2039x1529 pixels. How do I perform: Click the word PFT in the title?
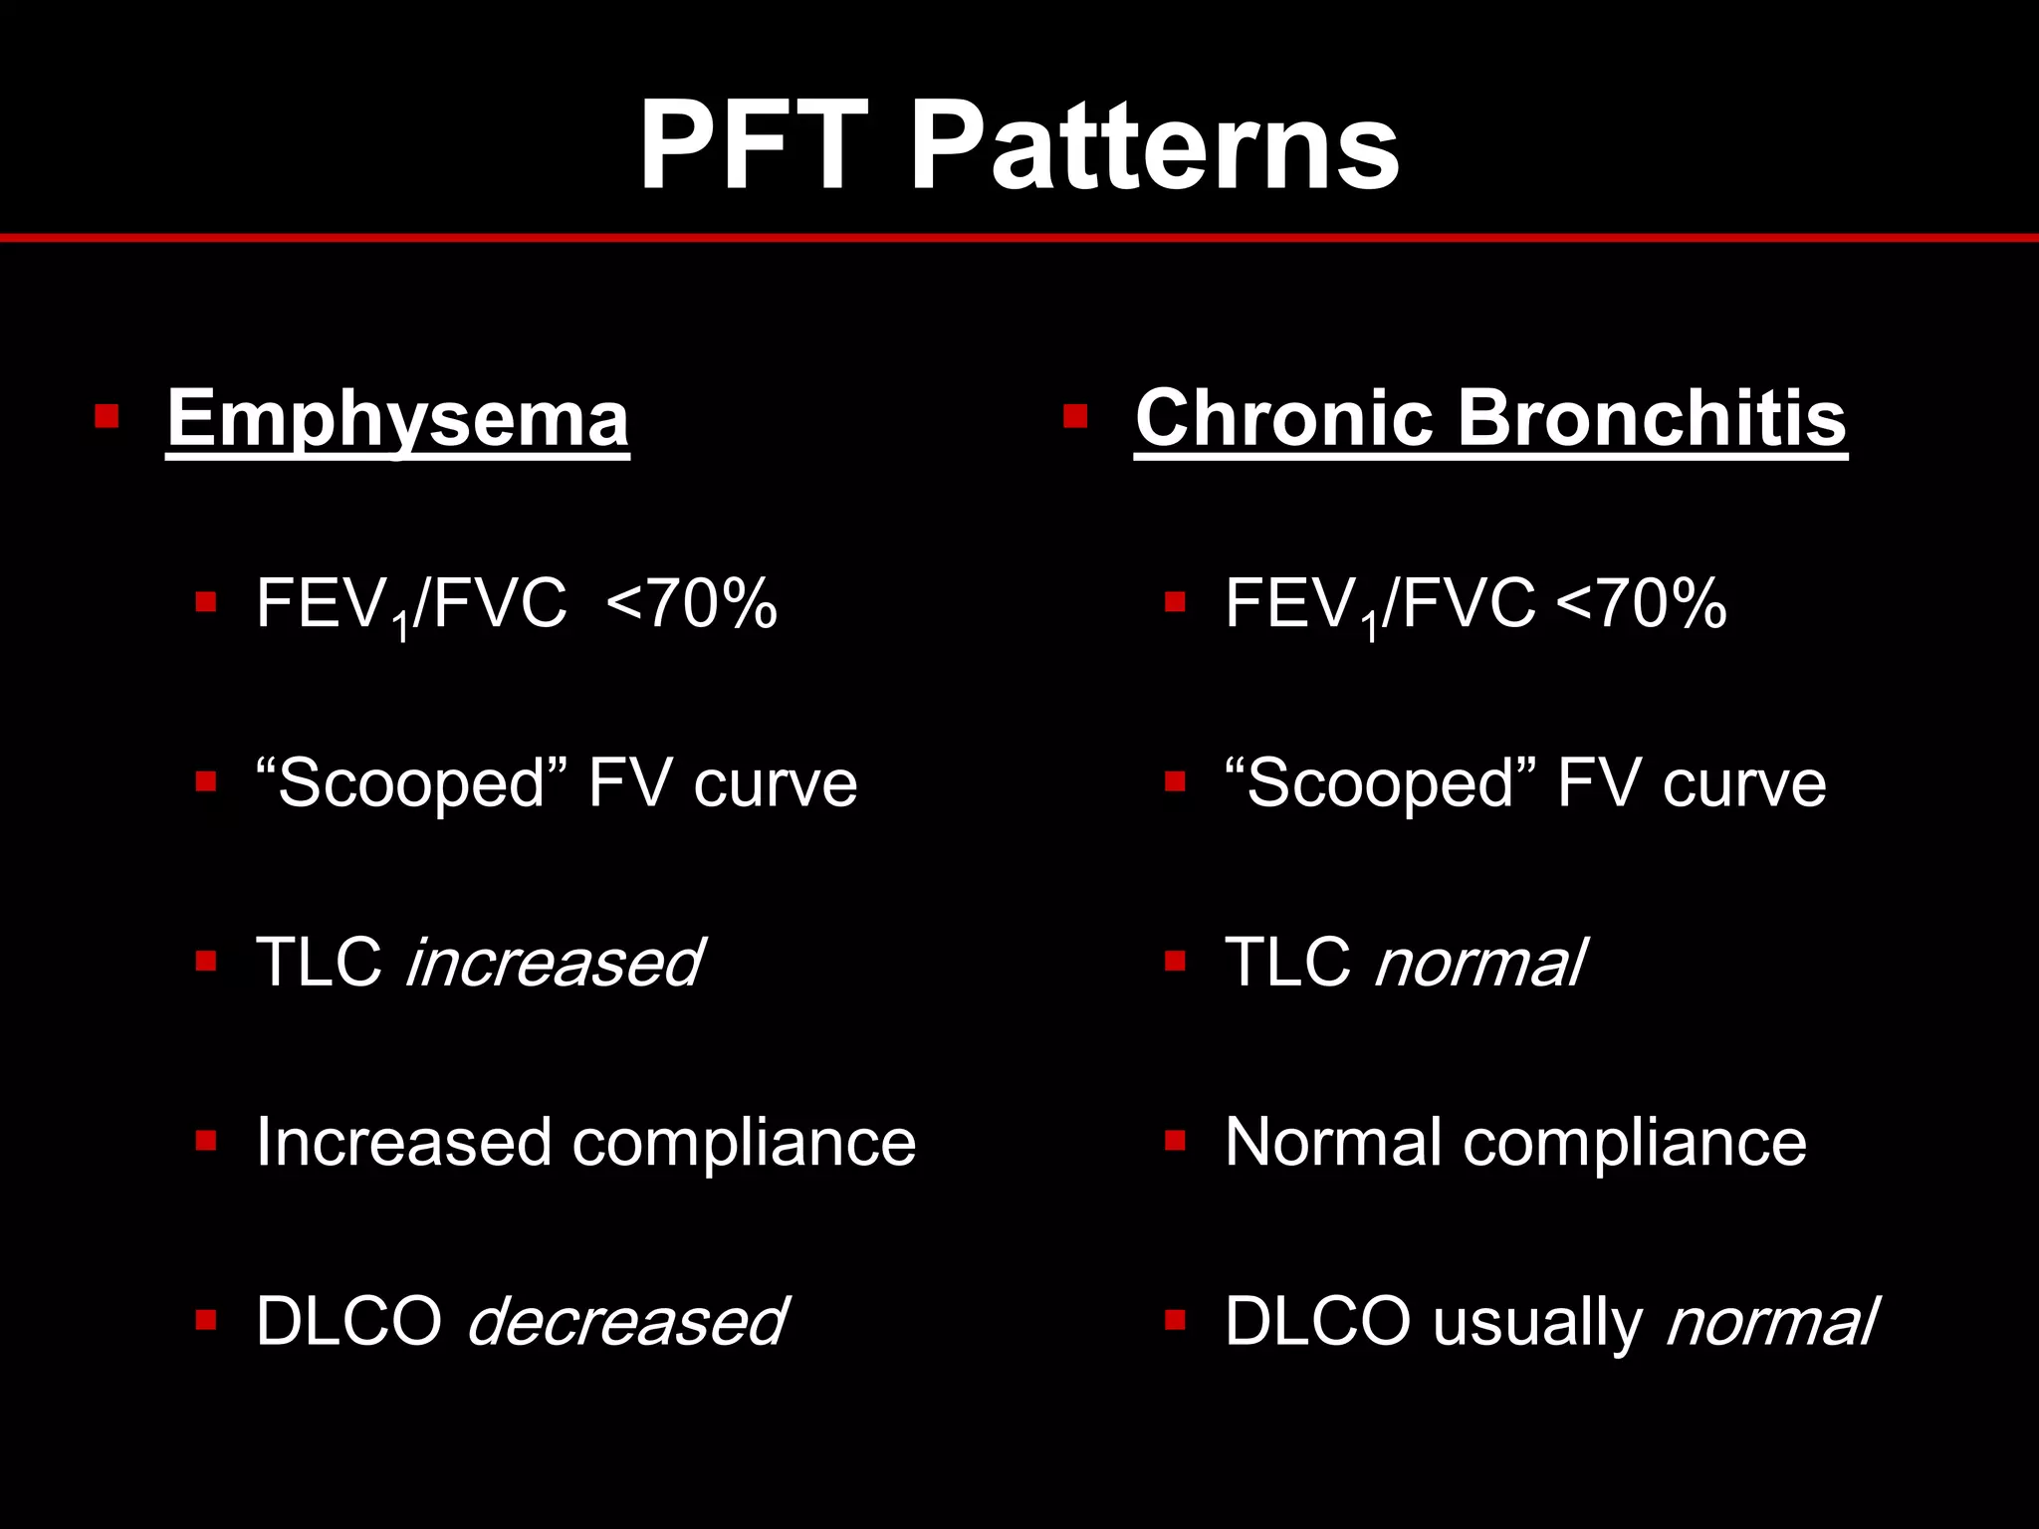pyautogui.click(x=753, y=146)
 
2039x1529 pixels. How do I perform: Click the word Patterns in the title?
pyautogui.click(x=1155, y=146)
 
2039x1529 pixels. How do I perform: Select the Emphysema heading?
pyautogui.click(x=397, y=419)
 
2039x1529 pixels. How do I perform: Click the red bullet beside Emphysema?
pyautogui.click(x=107, y=415)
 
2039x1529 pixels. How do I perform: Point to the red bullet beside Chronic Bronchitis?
pyautogui.click(x=1074, y=415)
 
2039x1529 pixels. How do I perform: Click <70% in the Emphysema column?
pyautogui.click(x=691, y=603)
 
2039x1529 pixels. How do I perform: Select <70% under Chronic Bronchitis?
pyautogui.click(x=1641, y=603)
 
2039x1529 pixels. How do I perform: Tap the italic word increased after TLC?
pyautogui.click(x=554, y=963)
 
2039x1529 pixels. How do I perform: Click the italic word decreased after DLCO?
pyautogui.click(x=626, y=1322)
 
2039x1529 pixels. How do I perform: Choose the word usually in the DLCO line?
pyautogui.click(x=1538, y=1322)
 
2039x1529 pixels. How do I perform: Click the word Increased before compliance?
pyautogui.click(x=403, y=1142)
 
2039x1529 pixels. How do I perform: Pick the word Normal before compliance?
pyautogui.click(x=1333, y=1142)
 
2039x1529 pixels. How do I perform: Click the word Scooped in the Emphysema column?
pyautogui.click(x=410, y=783)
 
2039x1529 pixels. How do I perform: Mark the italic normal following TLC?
pyautogui.click(x=1479, y=963)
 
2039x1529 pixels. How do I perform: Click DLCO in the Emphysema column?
pyautogui.click(x=348, y=1322)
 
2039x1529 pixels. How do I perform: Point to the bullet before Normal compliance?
pyautogui.click(x=1175, y=1140)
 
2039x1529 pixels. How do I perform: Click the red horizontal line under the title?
pyautogui.click(x=1019, y=238)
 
